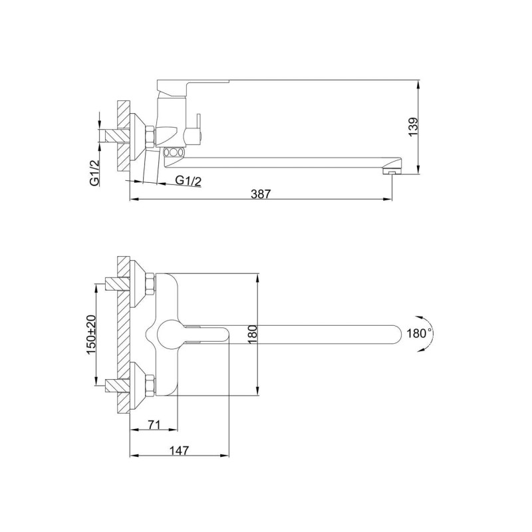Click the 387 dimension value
pyautogui.click(x=261, y=194)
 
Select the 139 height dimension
pyautogui.click(x=412, y=127)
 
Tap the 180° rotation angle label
pyautogui.click(x=420, y=334)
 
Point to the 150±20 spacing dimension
pyautogui.click(x=91, y=334)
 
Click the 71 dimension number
pyautogui.click(x=154, y=424)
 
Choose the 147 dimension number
pyautogui.click(x=179, y=451)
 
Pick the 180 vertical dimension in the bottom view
pyautogui.click(x=253, y=334)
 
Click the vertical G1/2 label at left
pyautogui.click(x=94, y=172)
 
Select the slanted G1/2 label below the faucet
pyautogui.click(x=188, y=181)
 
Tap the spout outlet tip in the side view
pyautogui.click(x=392, y=173)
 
